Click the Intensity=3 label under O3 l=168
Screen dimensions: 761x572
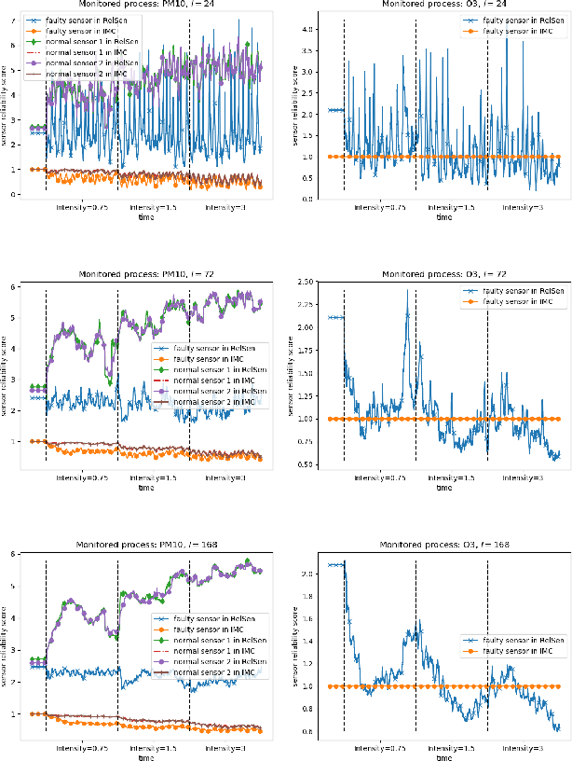click(524, 748)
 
